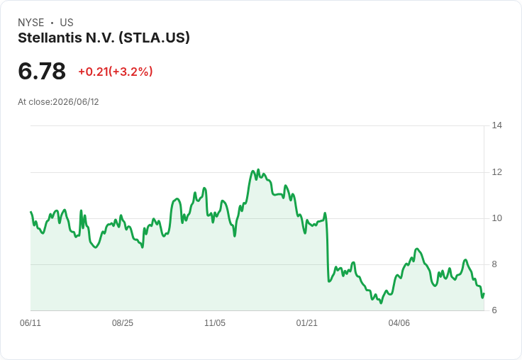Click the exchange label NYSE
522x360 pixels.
31,23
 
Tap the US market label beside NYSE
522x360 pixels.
67,23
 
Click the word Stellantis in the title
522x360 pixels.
50,38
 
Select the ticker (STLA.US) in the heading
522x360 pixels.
154,38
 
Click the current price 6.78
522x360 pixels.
42,71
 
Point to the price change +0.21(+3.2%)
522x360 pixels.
115,71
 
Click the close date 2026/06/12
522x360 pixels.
76,102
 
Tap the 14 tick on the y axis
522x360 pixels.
496,125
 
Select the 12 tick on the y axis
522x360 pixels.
496,172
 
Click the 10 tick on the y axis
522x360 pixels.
496,218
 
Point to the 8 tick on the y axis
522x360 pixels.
494,264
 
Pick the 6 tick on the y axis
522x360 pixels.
494,310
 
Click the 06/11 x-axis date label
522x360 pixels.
30,322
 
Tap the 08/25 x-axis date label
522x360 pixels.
123,322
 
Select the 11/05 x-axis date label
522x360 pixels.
215,322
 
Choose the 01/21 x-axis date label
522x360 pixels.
307,322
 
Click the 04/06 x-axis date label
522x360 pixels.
399,322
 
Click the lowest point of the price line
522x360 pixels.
381,303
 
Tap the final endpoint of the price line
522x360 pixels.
484,294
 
